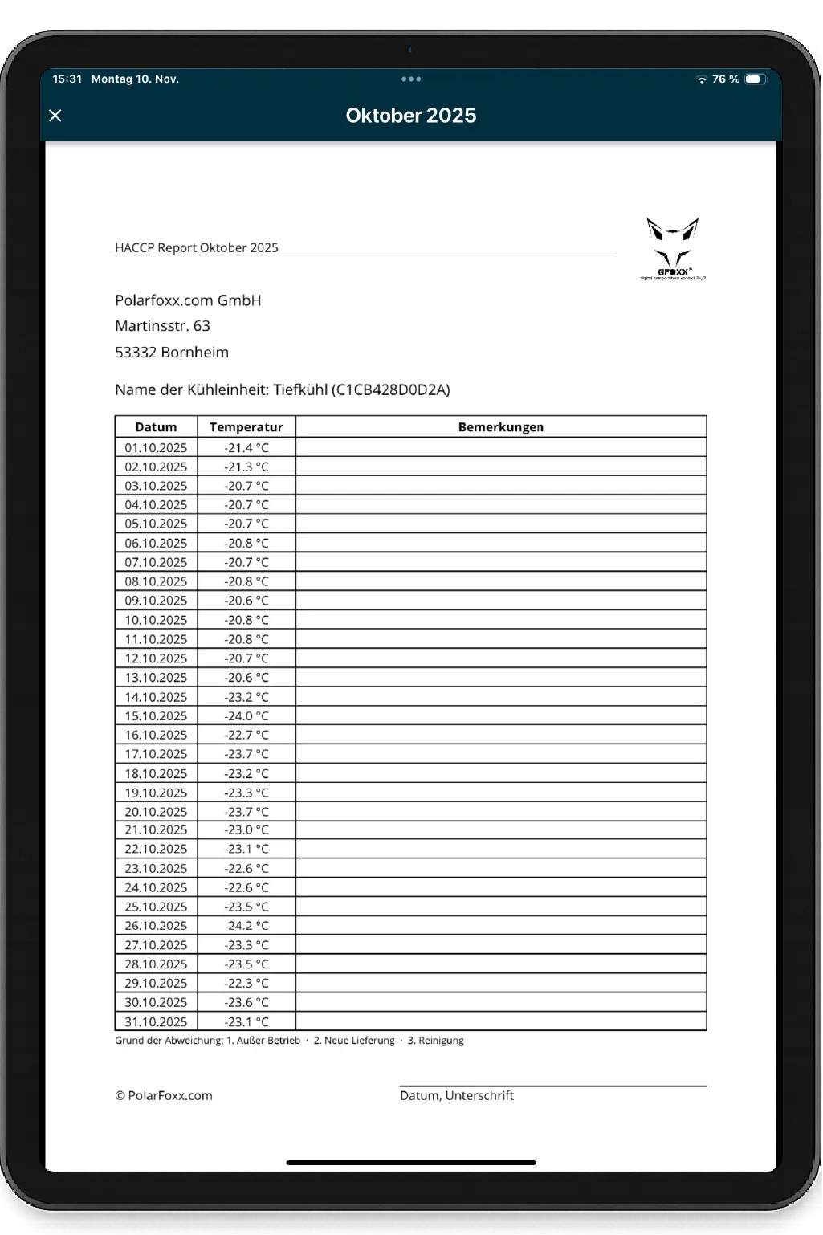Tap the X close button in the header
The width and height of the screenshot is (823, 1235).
coord(55,116)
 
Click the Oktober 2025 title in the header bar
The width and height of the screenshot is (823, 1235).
coord(410,116)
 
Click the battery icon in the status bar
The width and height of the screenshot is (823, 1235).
coord(755,79)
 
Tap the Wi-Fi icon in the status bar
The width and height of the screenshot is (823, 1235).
coord(702,79)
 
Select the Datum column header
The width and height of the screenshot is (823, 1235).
coord(156,427)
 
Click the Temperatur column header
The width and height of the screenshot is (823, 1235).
coord(246,427)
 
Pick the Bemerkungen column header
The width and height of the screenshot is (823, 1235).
coord(500,427)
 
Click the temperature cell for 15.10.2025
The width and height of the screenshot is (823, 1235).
coord(246,716)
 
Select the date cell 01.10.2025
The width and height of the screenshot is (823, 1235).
coord(156,448)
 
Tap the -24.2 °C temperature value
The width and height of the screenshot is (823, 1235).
coord(246,926)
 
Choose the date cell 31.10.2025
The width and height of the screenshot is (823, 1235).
coord(156,1022)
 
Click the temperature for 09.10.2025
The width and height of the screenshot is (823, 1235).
coord(246,601)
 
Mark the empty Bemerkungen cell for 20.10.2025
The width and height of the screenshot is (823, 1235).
coord(500,812)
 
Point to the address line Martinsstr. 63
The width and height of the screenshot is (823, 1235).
coord(162,326)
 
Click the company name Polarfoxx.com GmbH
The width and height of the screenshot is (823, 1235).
coord(188,300)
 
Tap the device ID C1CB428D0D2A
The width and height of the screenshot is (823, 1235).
coord(392,390)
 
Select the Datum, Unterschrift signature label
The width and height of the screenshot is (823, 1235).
coord(456,1096)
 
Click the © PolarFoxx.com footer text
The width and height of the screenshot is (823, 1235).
coord(164,1096)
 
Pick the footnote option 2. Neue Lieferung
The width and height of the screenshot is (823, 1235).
coord(353,1041)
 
